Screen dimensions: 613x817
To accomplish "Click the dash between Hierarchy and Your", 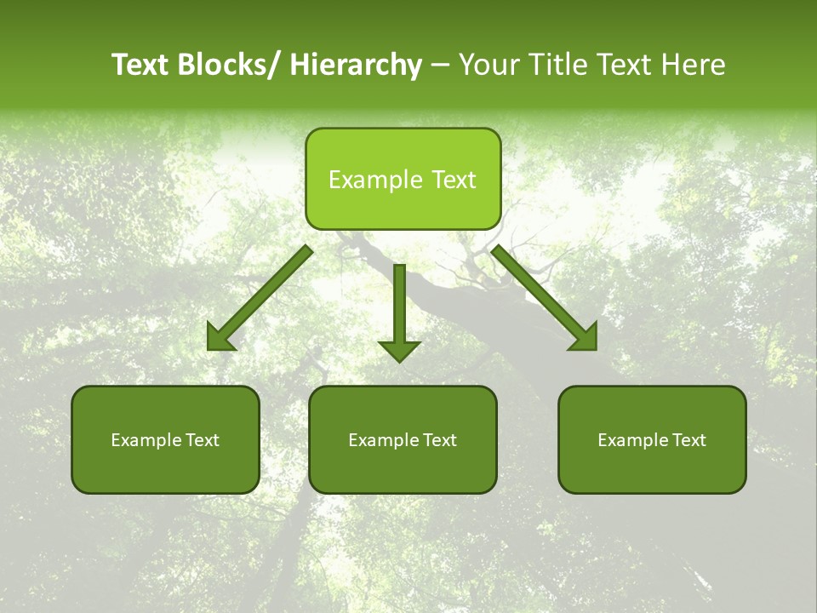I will [440, 66].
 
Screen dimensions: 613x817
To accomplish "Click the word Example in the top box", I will [375, 180].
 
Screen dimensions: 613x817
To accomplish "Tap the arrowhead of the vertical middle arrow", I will [399, 349].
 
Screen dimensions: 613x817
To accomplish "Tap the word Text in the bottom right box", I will [688, 440].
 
